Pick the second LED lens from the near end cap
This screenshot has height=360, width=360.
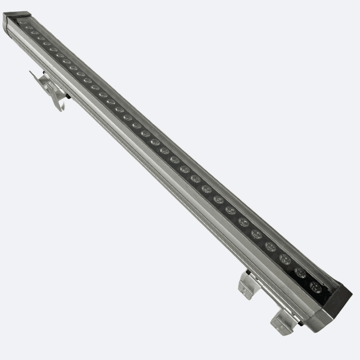pyautogui.click(x=300, y=273)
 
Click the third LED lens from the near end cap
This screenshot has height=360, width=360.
pyautogui.click(x=285, y=259)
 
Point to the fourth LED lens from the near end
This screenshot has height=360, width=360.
pyautogui.click(x=270, y=246)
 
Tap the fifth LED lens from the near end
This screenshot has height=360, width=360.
pyautogui.click(x=256, y=234)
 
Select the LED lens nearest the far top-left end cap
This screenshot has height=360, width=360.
pyautogui.click(x=22, y=22)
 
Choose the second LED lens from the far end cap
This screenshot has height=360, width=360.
pyautogui.click(x=29, y=28)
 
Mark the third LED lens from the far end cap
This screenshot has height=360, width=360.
pyautogui.click(x=35, y=33)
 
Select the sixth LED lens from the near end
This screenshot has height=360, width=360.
pyautogui.click(x=243, y=222)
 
